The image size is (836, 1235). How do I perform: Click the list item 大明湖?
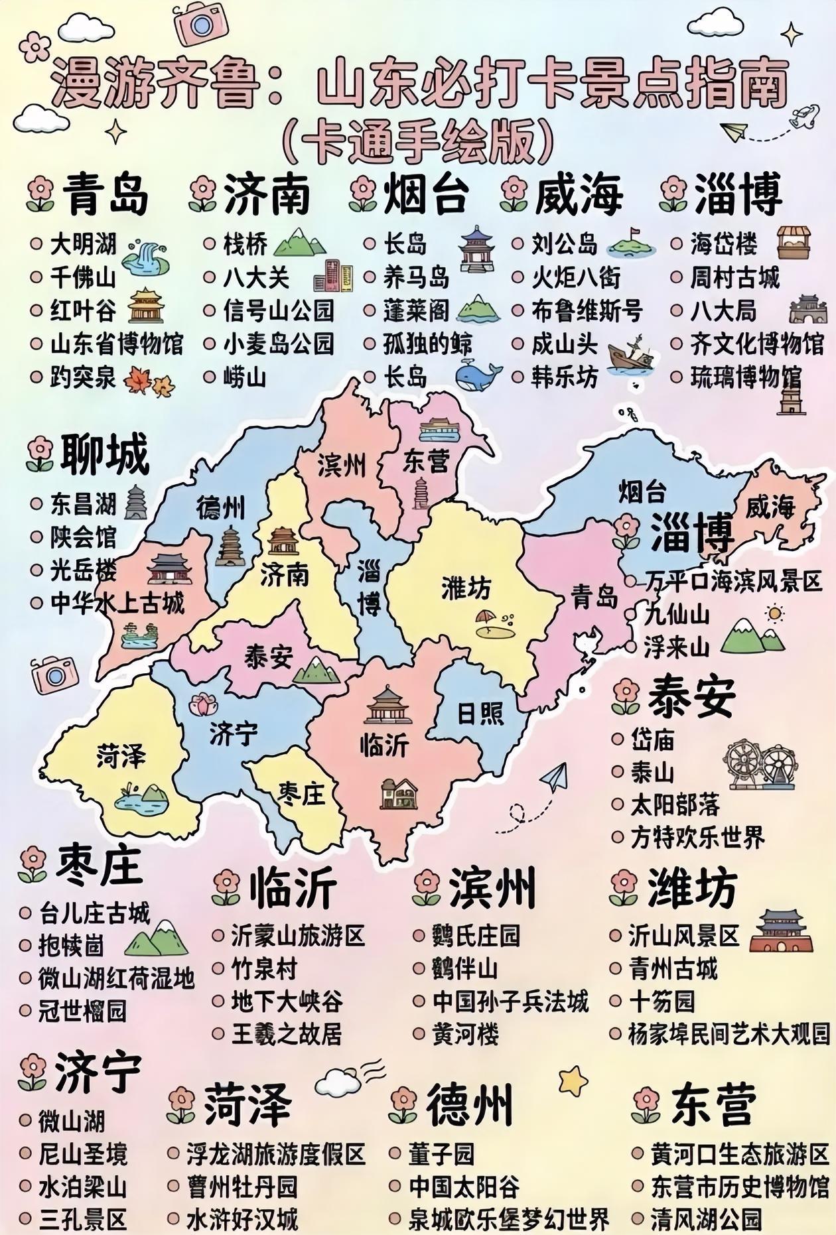(x=83, y=244)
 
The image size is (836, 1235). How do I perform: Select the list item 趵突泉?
(x=83, y=378)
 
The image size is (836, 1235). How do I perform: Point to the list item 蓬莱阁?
(x=416, y=310)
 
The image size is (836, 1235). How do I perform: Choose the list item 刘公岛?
(x=564, y=244)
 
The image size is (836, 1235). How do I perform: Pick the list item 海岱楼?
(x=723, y=244)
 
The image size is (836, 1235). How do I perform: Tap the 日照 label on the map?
(x=480, y=714)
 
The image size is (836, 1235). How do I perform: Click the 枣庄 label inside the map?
(x=302, y=793)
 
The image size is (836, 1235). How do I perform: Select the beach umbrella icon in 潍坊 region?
(x=493, y=624)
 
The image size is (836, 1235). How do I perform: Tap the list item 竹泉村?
(x=263, y=969)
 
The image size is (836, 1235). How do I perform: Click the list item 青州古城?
(x=673, y=969)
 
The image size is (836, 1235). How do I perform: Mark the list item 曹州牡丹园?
(x=242, y=1187)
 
